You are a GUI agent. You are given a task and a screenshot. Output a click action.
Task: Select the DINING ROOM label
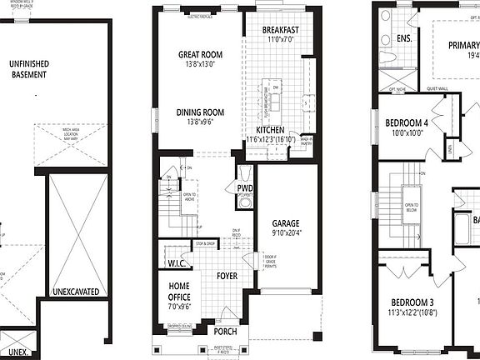(200, 112)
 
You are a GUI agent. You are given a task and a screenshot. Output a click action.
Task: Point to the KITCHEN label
(271, 131)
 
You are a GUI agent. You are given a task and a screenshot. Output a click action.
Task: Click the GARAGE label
(287, 223)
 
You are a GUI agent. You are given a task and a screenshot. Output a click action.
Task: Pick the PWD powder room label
(245, 189)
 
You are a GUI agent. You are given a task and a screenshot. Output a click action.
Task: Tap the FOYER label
(227, 275)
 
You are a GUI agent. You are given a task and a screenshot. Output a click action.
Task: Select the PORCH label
(226, 332)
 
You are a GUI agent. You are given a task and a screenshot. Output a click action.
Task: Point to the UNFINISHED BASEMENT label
(28, 68)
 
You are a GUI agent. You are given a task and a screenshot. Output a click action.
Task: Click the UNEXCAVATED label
(75, 292)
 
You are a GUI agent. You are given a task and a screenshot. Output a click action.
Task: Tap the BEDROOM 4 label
(410, 122)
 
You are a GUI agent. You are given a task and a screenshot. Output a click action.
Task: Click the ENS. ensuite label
(405, 38)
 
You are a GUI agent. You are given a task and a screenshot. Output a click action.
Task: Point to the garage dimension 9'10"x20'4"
(287, 233)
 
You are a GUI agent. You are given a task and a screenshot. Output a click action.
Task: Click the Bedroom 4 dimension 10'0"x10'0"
(410, 132)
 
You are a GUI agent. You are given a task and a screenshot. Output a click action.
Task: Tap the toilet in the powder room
(242, 174)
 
